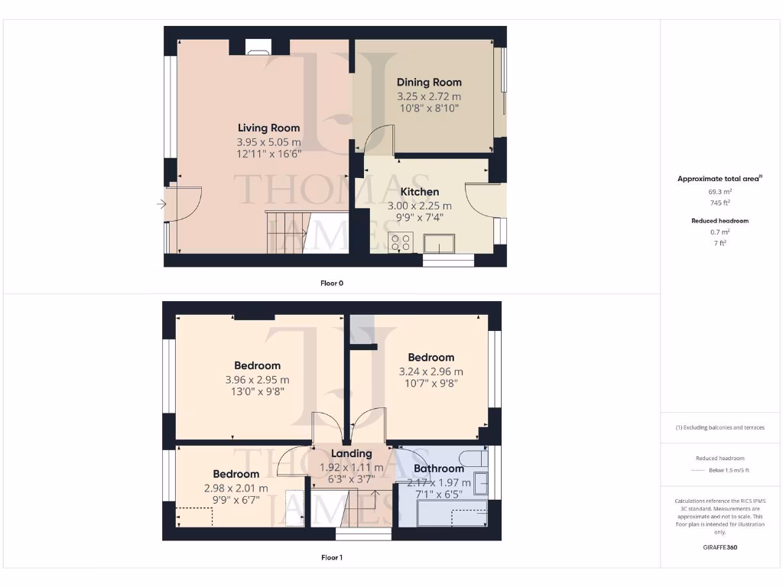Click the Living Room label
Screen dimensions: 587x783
(268, 128)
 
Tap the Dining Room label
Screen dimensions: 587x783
(429, 83)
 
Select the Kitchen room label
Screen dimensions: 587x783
(420, 192)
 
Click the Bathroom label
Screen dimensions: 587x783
(439, 469)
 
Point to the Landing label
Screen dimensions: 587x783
(350, 453)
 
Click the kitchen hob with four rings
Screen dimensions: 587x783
(401, 243)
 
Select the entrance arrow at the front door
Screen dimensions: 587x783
(161, 204)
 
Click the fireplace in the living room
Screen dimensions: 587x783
(257, 51)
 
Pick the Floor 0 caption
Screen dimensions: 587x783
(332, 284)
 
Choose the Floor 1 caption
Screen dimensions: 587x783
(332, 558)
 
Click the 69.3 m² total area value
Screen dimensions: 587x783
(720, 192)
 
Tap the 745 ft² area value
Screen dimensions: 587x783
(720, 203)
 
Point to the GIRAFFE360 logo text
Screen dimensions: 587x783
(720, 547)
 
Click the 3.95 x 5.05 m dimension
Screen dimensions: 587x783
(268, 142)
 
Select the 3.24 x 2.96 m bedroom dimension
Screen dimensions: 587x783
(430, 372)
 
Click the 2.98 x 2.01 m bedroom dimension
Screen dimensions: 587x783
(236, 488)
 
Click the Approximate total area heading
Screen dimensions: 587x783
(720, 179)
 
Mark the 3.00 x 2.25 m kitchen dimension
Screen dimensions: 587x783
(419, 206)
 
